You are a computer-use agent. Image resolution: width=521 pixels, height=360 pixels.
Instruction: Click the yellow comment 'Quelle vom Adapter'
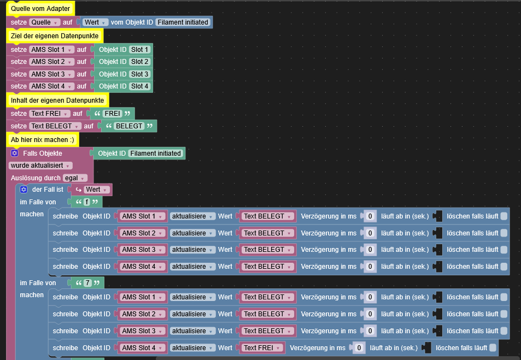(x=40, y=9)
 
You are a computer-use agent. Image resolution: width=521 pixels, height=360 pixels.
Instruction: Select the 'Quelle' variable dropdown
(x=45, y=22)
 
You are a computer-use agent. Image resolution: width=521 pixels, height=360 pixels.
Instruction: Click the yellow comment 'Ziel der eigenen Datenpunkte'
(x=55, y=36)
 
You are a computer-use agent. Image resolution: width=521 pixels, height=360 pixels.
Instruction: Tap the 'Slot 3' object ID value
(x=139, y=74)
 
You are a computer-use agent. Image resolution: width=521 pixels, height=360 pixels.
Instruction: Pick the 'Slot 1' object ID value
(x=139, y=49)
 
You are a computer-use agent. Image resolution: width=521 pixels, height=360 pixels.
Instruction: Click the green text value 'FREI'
(x=113, y=114)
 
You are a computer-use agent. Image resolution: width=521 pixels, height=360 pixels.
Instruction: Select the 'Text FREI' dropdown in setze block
(x=50, y=114)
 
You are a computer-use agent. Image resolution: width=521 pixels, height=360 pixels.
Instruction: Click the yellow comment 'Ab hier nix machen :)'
(x=42, y=139)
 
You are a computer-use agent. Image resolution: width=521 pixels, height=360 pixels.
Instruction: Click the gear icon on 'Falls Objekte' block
(x=15, y=154)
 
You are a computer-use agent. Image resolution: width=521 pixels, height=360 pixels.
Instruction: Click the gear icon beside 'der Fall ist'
(x=24, y=190)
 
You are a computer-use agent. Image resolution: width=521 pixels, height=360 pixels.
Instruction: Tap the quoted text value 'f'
(x=87, y=202)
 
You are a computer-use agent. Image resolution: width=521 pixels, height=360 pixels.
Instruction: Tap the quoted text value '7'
(x=87, y=283)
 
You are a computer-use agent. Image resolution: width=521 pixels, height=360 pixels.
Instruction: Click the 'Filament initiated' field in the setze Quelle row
(x=183, y=22)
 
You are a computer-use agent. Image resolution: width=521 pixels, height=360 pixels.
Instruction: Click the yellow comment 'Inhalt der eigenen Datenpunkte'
(x=57, y=101)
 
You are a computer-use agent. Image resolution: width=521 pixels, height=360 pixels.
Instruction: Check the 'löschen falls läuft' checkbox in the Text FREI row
(x=493, y=348)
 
